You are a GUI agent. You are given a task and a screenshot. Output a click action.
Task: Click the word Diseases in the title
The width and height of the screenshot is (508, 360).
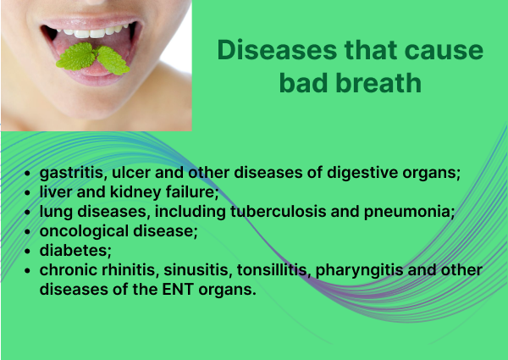[x=277, y=50]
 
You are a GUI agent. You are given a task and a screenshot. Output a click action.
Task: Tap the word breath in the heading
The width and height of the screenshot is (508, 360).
[x=378, y=83]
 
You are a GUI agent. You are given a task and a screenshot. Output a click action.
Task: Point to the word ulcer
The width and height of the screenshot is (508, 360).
[x=131, y=172]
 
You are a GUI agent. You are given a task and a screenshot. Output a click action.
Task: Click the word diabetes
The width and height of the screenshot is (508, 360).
[x=75, y=251]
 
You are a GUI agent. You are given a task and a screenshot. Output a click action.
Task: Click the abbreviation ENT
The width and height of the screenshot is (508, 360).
[x=178, y=290]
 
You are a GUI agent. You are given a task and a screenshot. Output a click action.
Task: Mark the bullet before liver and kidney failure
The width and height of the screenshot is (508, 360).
[x=28, y=193]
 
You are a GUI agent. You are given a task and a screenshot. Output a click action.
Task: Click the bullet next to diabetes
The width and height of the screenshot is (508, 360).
[x=28, y=252]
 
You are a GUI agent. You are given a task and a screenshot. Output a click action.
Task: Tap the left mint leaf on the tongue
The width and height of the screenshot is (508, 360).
[x=76, y=57]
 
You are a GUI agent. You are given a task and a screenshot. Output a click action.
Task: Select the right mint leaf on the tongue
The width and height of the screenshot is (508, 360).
[x=113, y=60]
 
